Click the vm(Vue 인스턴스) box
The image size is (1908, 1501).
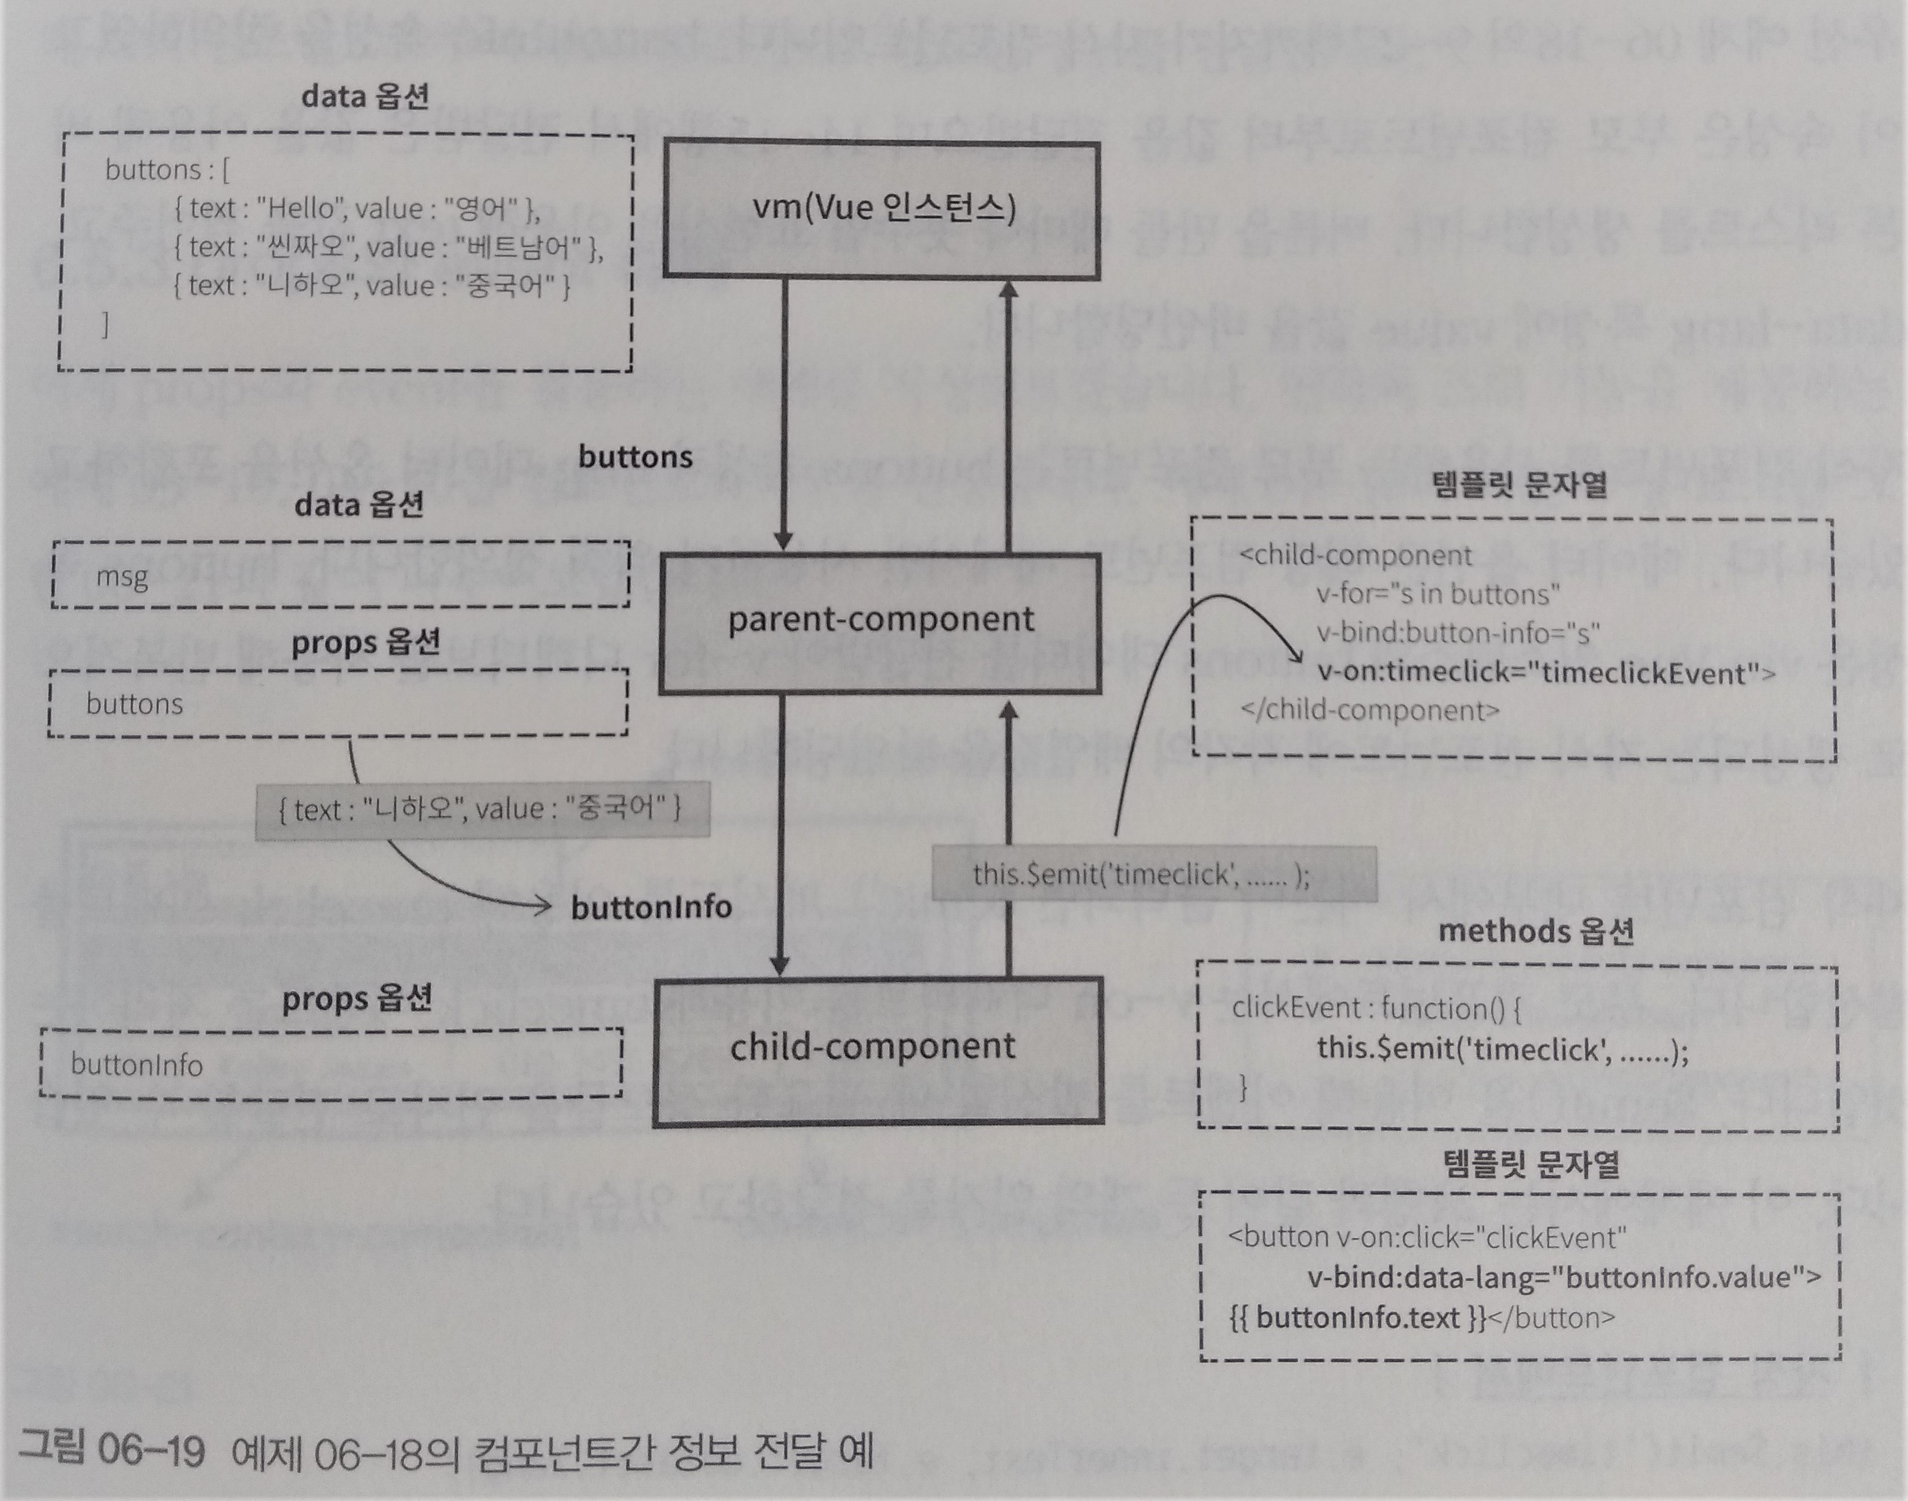881,211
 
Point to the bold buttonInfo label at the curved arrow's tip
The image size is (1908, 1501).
651,907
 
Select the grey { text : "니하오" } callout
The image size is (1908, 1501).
481,808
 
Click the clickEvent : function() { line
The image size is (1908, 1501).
1376,1008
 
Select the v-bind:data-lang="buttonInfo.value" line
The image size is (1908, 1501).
1565,1277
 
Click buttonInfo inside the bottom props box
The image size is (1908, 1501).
136,1065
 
